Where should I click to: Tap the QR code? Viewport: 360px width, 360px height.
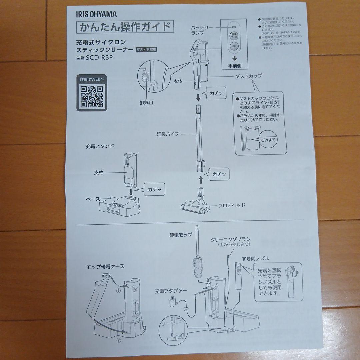click(x=92, y=97)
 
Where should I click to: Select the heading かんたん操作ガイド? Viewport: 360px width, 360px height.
click(x=125, y=27)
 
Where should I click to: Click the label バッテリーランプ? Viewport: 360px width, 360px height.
click(x=202, y=30)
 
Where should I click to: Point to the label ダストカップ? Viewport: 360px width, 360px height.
click(x=249, y=76)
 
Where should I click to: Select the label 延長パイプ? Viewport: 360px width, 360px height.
click(x=168, y=134)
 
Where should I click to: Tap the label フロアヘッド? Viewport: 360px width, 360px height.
click(x=232, y=205)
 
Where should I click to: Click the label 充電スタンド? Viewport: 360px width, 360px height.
click(x=100, y=146)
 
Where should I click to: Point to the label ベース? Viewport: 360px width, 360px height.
click(x=93, y=199)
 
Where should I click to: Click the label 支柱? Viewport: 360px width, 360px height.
click(x=100, y=173)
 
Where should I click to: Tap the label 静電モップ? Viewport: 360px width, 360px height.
click(x=181, y=235)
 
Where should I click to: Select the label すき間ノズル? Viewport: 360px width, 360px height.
click(x=256, y=258)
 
